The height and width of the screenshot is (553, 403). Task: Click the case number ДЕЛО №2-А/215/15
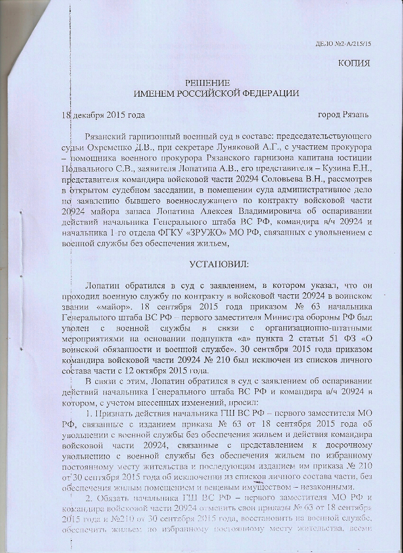tap(343, 45)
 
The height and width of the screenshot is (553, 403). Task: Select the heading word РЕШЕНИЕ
tap(208, 83)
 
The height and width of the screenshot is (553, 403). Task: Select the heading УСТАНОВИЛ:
tap(219, 265)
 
